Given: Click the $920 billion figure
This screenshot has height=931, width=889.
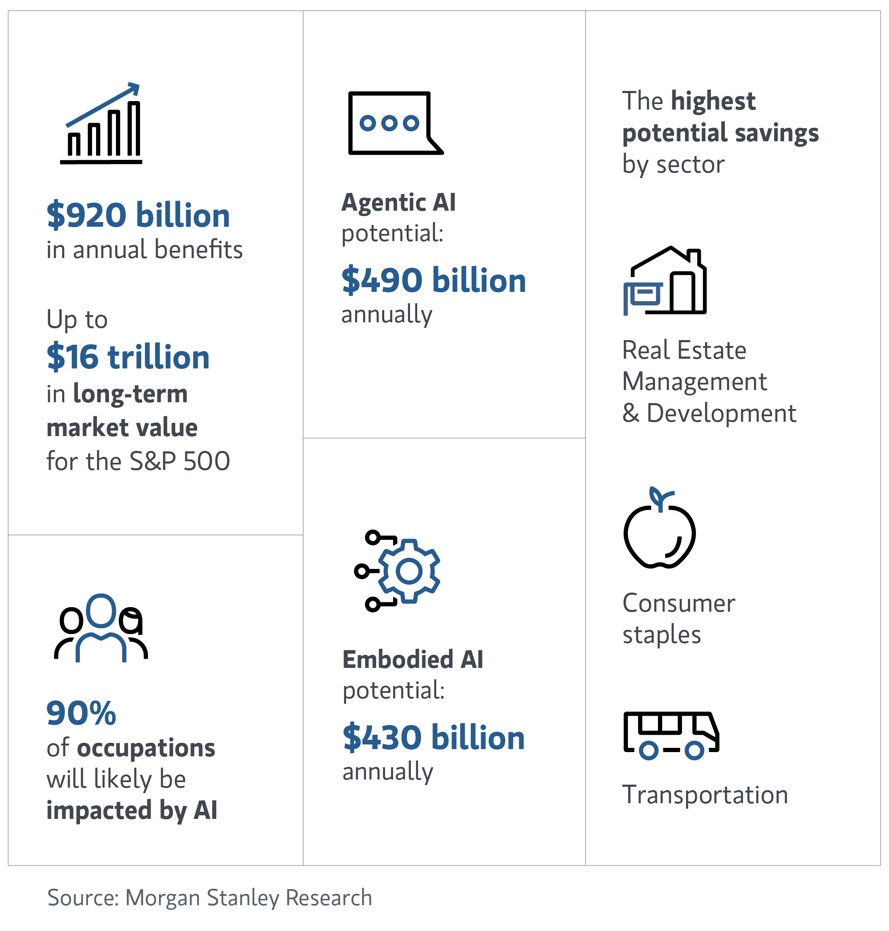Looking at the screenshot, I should click(x=138, y=215).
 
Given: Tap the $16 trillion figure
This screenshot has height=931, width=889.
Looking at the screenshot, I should click(x=128, y=357).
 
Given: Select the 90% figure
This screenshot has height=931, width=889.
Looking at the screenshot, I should click(x=81, y=713).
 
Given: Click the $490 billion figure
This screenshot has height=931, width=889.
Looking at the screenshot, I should click(x=434, y=280).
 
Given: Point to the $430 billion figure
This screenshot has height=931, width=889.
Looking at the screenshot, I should click(x=434, y=738).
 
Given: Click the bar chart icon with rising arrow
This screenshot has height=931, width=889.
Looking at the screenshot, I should click(x=102, y=124).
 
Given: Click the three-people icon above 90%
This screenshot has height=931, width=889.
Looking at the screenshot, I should click(x=101, y=628).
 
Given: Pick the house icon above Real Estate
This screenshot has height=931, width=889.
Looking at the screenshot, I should click(x=665, y=280).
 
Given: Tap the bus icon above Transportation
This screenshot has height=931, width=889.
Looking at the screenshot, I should click(x=671, y=735).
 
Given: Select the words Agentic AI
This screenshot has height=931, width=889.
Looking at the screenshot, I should click(x=399, y=202).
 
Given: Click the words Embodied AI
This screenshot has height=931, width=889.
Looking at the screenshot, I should click(x=413, y=659).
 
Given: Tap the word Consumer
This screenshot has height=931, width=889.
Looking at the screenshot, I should click(x=679, y=603).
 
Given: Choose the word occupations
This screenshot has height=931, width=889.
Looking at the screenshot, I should click(x=146, y=748).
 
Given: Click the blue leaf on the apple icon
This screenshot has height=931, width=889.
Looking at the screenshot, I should click(x=657, y=497).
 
